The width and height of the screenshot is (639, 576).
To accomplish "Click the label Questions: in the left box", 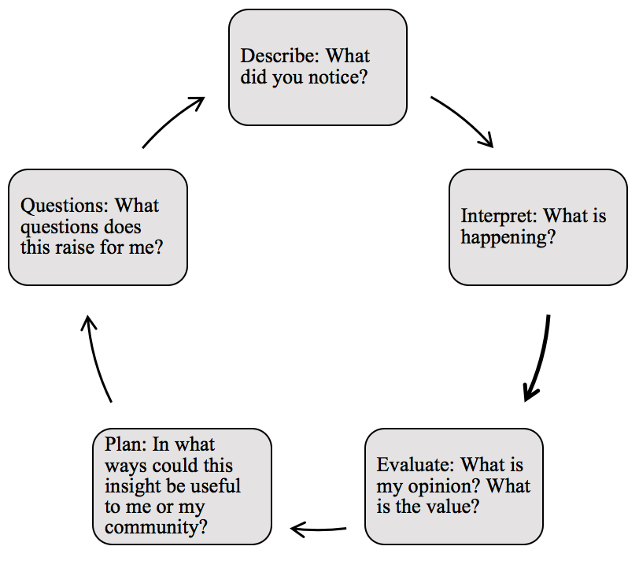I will (x=65, y=206).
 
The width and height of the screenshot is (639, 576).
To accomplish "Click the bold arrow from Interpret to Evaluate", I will (x=538, y=359).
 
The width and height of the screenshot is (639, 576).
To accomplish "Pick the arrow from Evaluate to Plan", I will (x=319, y=528).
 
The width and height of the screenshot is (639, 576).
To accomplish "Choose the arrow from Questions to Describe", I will (x=173, y=121).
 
